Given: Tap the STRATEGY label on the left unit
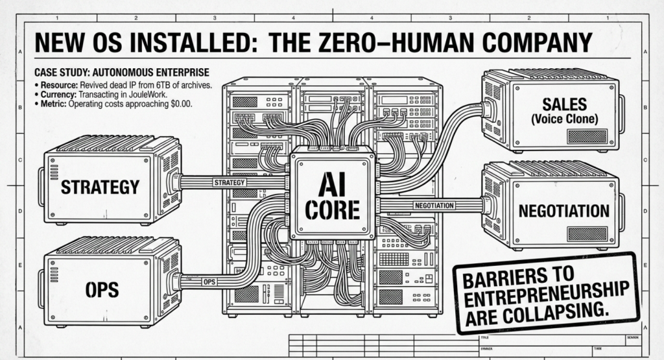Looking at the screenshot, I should coord(100,187).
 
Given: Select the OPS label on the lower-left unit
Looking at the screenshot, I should coord(102,289).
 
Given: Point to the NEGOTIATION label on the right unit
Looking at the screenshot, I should coord(563,210).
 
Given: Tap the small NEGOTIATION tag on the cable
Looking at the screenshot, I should coord(434,205).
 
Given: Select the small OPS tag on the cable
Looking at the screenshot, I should coord(209,282).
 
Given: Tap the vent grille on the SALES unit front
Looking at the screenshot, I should coord(587,136).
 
